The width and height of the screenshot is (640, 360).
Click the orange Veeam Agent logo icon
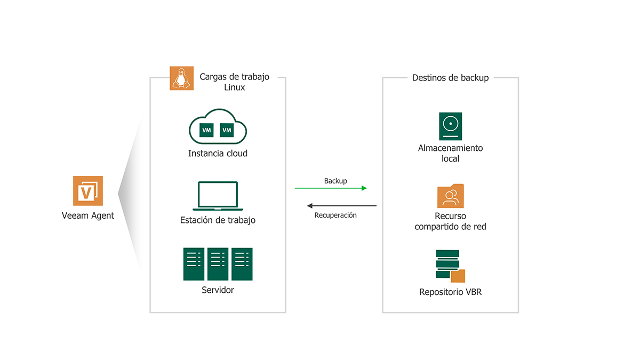pos(88,190)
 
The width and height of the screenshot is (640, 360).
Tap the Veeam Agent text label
pos(88,216)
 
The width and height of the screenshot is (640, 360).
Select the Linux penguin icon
pos(181,78)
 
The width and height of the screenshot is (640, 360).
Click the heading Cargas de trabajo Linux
pos(234,82)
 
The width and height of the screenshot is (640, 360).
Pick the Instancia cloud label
pos(218,154)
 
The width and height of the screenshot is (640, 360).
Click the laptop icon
pos(218,196)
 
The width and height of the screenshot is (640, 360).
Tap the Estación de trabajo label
pos(218,220)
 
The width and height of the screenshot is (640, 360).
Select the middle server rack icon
pos(218,264)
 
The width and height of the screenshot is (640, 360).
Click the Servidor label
pos(218,290)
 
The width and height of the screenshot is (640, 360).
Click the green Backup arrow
pos(331,188)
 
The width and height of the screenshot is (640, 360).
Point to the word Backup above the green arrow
pos(335,181)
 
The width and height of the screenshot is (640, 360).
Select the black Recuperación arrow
pos(341,205)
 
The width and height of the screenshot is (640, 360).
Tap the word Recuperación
pos(335,215)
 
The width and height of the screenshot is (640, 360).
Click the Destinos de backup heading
pos(450,78)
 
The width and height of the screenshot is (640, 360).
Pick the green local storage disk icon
pos(450,126)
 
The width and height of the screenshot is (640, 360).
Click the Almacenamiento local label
pos(450,153)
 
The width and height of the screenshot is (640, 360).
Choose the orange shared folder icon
pos(450,196)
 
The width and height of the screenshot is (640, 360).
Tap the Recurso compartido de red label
pos(450,221)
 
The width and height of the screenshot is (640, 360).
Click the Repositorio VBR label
pos(450,292)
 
